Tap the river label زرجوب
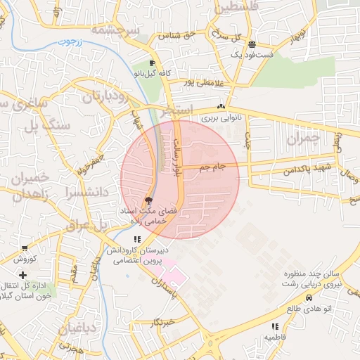coord(69,42)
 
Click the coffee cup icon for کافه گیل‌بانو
coord(153,63)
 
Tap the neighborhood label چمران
coord(303,138)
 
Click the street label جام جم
coord(210,167)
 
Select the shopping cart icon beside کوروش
coord(25,248)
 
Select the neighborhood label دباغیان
coord(69,327)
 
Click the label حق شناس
coord(176,34)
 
